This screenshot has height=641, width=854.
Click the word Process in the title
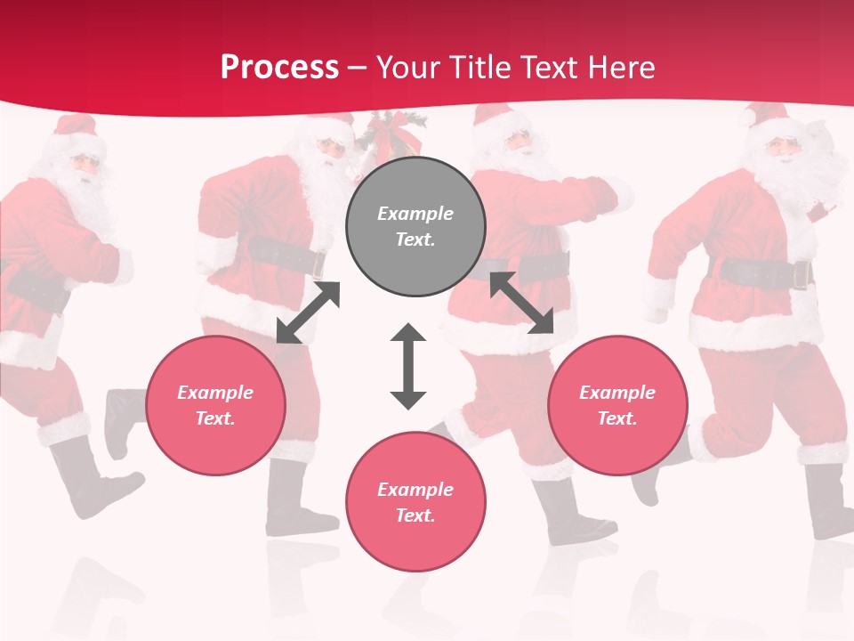tap(279, 68)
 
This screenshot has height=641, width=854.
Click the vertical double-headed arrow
tap(408, 366)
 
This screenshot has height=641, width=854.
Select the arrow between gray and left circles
tap(308, 312)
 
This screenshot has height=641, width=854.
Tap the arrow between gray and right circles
tap(521, 303)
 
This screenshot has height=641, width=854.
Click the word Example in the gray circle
tap(415, 214)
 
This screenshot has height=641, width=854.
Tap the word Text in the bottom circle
tap(415, 515)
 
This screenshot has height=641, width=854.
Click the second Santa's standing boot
tap(298, 499)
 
